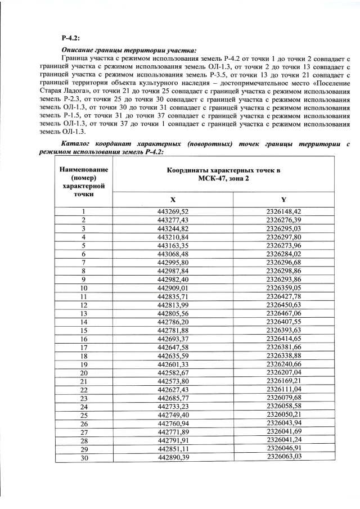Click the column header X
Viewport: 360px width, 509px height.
173,200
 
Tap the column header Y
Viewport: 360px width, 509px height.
283,200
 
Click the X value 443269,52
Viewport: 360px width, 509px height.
173,211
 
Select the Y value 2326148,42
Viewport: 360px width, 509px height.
284,211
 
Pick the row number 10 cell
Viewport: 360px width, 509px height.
83,288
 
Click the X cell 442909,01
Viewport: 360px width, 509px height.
173,288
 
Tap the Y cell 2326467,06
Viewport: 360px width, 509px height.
284,313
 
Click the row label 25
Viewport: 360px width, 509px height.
83,415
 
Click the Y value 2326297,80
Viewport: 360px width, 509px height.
284,237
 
